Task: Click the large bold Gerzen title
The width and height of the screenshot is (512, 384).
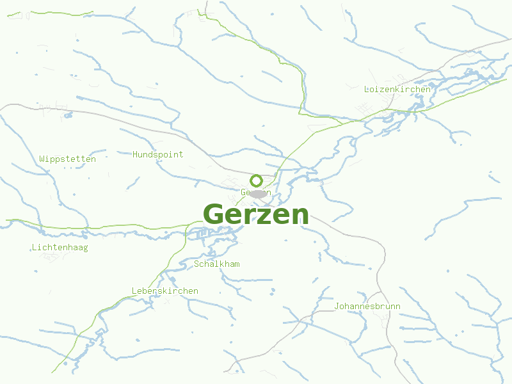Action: click(256, 214)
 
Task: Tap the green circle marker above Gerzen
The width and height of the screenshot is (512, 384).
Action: click(256, 180)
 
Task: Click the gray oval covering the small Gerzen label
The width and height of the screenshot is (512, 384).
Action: click(258, 193)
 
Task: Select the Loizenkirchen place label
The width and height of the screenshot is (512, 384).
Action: click(397, 89)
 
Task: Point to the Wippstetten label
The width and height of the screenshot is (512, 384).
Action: click(67, 159)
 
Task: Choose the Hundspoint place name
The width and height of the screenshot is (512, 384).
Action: click(157, 154)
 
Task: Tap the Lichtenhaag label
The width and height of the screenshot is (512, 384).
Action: click(60, 247)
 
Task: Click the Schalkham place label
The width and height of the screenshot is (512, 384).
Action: click(217, 264)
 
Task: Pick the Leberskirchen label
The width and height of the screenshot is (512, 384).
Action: click(165, 291)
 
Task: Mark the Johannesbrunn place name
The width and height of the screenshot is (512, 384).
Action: click(367, 306)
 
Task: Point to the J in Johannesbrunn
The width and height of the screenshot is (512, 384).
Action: click(337, 306)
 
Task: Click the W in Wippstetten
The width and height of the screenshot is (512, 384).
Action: click(42, 159)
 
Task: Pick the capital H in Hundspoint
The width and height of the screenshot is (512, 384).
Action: click(135, 154)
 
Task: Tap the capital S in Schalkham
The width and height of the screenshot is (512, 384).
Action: click(196, 264)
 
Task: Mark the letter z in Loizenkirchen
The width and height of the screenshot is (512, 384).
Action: click(382, 90)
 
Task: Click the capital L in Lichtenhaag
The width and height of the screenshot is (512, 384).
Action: click(33, 247)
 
